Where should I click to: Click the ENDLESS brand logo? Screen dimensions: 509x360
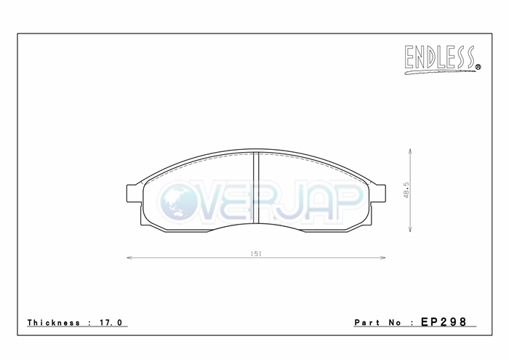pos(442,60)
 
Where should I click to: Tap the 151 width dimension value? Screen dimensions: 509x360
pos(256,254)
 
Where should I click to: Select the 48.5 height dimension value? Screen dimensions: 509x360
pos(406,191)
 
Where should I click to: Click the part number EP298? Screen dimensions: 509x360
pos(444,321)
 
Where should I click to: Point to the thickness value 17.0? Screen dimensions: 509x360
pos(111,322)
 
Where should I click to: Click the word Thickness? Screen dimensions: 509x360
pos(54,322)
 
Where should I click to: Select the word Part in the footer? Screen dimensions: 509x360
pos(366,322)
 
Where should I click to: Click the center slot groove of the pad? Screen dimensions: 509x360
pos(256,188)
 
